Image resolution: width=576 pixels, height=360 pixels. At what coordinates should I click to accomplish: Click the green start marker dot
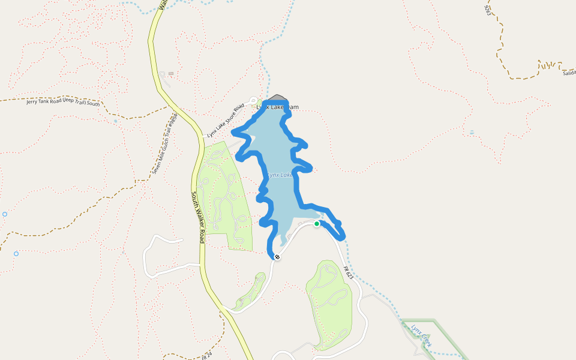[317, 224]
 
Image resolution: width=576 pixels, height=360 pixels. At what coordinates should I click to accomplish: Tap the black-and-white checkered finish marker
[277, 257]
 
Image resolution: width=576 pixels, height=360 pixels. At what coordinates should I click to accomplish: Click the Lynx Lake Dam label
[277, 107]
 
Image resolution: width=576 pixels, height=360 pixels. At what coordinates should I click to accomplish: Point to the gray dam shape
[277, 97]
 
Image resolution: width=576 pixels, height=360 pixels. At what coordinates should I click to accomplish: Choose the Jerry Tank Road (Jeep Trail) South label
[63, 101]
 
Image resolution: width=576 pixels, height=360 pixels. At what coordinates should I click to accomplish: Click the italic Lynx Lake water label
[279, 175]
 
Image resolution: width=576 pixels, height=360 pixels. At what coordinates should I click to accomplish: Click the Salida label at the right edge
[569, 73]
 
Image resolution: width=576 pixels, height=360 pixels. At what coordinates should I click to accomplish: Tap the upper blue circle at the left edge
[5, 214]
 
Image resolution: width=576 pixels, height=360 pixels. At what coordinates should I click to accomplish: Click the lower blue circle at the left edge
[16, 254]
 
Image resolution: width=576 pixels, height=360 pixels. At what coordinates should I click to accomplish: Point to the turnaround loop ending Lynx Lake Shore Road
[253, 101]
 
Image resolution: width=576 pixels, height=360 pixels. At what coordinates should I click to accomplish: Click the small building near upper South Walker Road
[171, 74]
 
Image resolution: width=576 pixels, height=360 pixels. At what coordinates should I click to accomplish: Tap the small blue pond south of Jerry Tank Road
[115, 121]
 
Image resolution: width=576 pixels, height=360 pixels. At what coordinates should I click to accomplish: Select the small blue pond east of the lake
[472, 132]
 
